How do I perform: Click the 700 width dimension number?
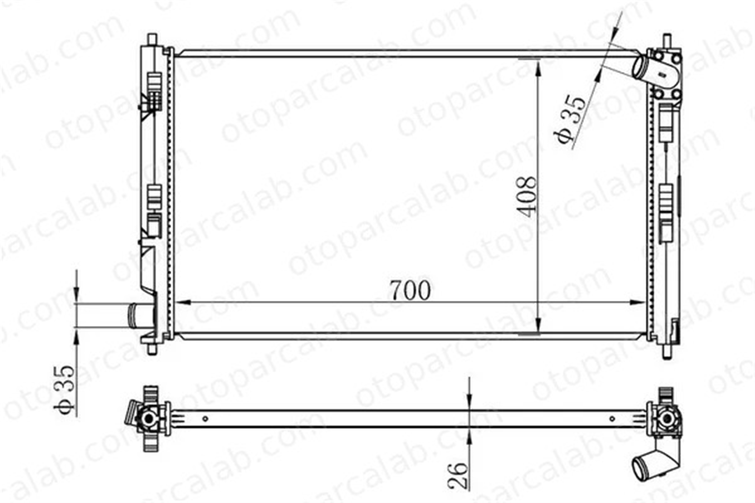click(x=410, y=290)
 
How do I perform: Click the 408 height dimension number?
click(x=527, y=197)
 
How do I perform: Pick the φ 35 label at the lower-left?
click(x=64, y=389)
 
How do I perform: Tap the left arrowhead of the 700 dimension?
click(x=182, y=302)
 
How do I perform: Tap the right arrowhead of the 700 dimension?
click(x=638, y=302)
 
